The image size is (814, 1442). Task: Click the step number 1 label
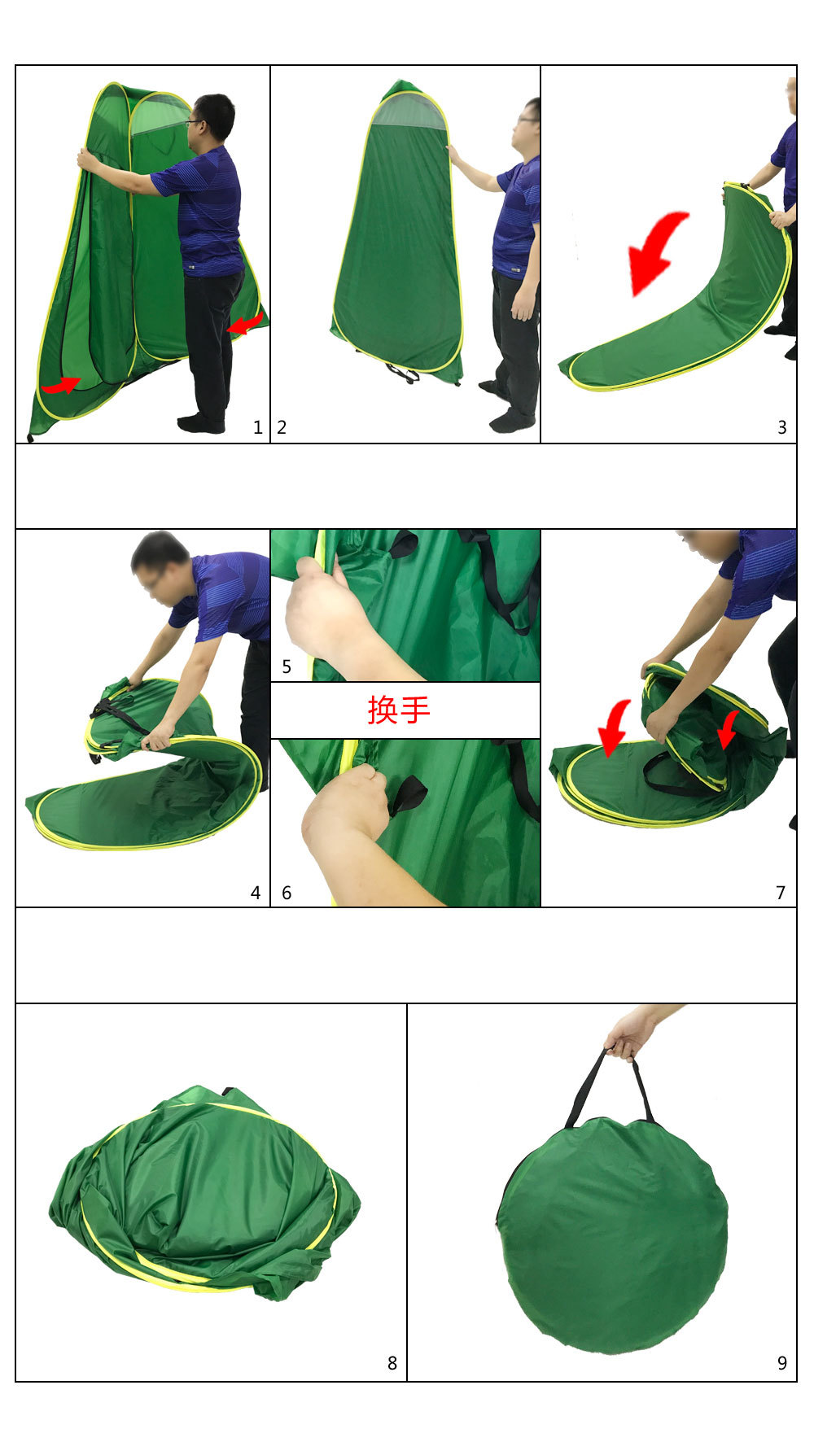[x=258, y=428]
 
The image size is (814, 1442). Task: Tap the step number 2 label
[x=282, y=428]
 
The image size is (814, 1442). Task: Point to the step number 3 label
[x=782, y=428]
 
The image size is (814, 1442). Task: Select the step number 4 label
[x=256, y=894]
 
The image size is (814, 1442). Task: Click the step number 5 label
[x=287, y=667]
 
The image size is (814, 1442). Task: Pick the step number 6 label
[x=287, y=894]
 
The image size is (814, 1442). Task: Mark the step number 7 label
[x=781, y=894]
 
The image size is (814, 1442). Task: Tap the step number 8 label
[x=392, y=1364]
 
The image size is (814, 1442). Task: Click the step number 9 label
[x=782, y=1364]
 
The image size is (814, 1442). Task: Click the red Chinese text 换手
[x=399, y=710]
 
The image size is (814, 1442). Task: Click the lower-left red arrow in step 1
[x=62, y=385]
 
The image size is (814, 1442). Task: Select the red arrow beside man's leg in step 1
[x=245, y=324]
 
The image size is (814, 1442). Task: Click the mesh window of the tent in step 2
[x=409, y=112]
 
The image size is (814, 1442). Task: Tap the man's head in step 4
[x=160, y=561]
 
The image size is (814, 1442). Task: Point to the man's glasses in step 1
[x=194, y=123]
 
